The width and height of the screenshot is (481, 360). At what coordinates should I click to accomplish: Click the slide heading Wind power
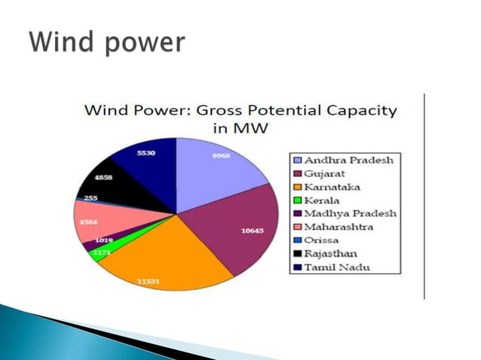pos(106,41)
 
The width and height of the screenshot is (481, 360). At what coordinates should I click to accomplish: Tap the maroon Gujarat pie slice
pos(234,226)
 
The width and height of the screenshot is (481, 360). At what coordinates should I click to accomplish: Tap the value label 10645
pos(252,230)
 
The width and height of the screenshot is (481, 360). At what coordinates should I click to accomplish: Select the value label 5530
pos(146,154)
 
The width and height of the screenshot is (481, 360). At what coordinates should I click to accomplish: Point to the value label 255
pos(90,198)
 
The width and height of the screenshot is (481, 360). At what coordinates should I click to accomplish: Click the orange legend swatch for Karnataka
pos(299,187)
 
